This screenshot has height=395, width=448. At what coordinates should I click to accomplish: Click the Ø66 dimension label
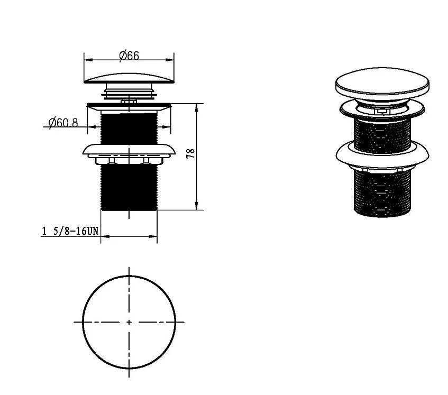coord(129,56)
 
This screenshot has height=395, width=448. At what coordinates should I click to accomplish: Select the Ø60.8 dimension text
coord(63,123)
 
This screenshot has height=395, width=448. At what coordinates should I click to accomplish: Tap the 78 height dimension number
coord(190,153)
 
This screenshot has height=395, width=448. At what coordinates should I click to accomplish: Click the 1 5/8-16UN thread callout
coord(70,231)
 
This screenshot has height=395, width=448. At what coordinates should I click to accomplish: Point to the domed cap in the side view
coord(129,78)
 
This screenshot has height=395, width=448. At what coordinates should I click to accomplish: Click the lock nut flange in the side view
coord(129,150)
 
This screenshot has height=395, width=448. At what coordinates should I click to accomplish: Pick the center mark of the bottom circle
coord(129,322)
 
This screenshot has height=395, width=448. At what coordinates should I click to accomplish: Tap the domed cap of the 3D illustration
coord(382,81)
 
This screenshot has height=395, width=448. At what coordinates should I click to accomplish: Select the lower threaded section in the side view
coord(129,188)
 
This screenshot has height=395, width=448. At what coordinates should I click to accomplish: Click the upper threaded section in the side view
coord(129,128)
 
